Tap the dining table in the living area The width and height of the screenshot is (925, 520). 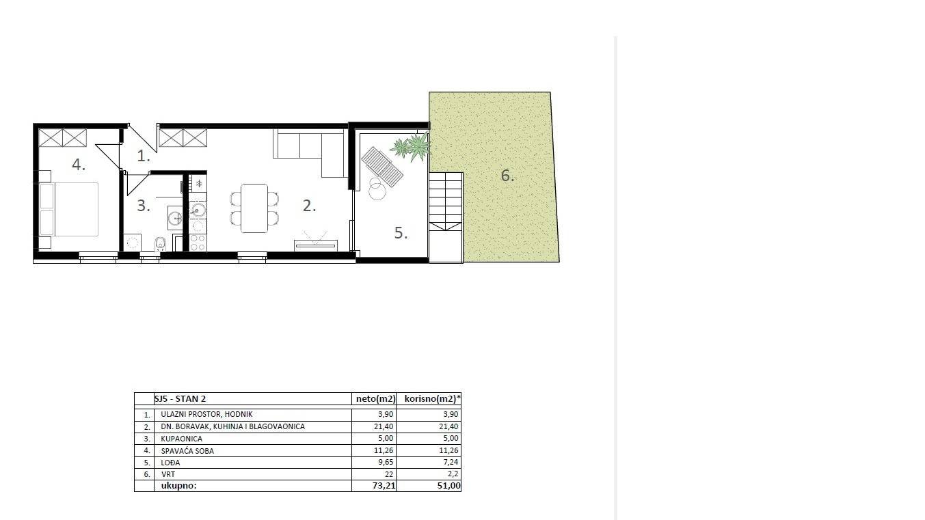(254, 208)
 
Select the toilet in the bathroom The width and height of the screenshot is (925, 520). (160, 243)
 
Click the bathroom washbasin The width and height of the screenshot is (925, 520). (175, 218)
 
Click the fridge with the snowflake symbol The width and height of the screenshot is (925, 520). (198, 184)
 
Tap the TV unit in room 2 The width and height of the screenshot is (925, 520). (315, 244)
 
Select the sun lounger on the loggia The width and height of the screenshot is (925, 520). (382, 167)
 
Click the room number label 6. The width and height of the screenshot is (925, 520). (507, 176)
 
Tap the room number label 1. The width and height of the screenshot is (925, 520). (143, 156)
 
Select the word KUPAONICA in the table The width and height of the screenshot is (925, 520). (181, 439)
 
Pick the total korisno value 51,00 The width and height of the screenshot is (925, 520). (448, 486)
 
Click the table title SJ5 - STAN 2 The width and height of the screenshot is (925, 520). (180, 398)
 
